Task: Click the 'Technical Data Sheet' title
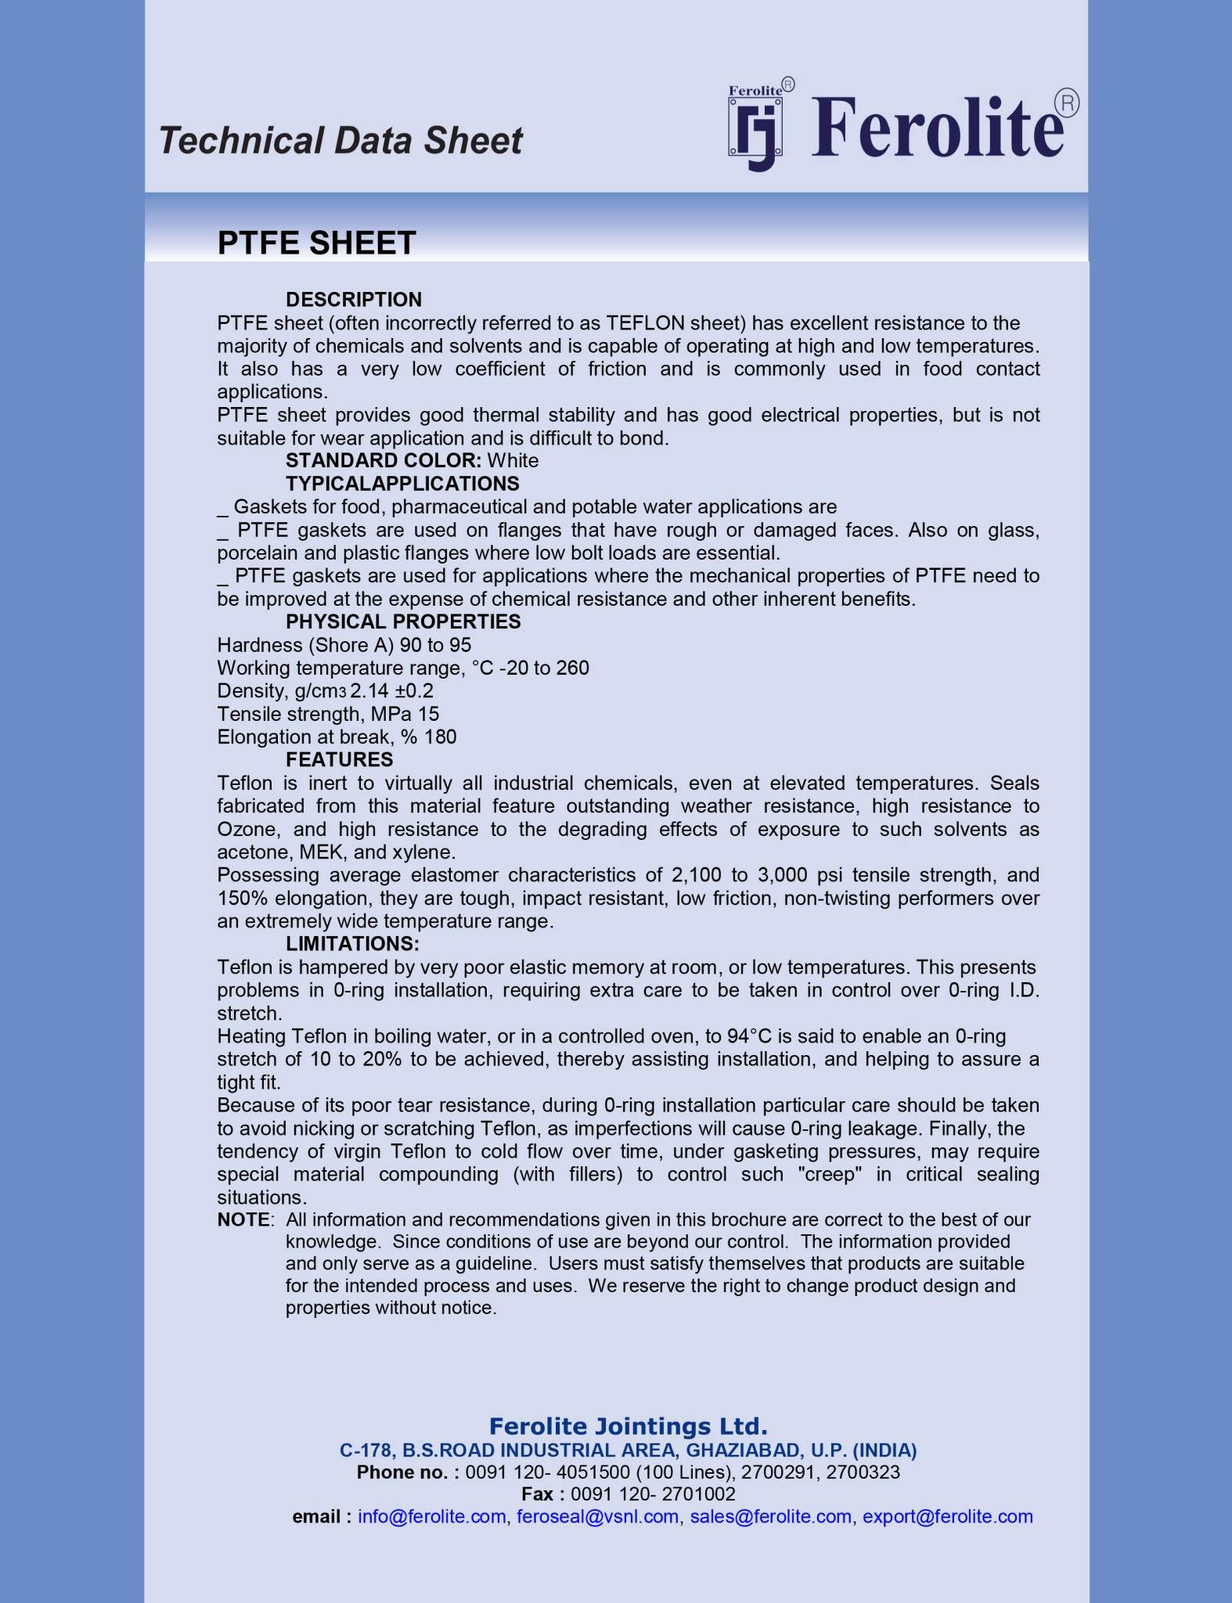coord(340,141)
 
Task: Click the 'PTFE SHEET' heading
coord(316,243)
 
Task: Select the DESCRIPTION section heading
coord(353,300)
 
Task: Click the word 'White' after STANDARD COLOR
coord(513,461)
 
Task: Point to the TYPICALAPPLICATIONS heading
coord(402,484)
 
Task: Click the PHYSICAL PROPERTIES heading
coord(403,622)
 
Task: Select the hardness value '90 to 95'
coord(435,646)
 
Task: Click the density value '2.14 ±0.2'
coord(391,691)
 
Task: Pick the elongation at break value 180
coord(440,737)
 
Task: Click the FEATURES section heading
coord(339,760)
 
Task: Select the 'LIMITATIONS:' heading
coord(352,944)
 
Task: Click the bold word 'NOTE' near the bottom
coord(243,1220)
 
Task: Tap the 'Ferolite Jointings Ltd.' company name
coord(628,1426)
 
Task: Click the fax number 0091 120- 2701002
coord(653,1494)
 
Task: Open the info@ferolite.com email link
coord(431,1517)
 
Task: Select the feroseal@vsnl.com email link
coord(597,1517)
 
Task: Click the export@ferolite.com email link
coord(947,1517)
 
